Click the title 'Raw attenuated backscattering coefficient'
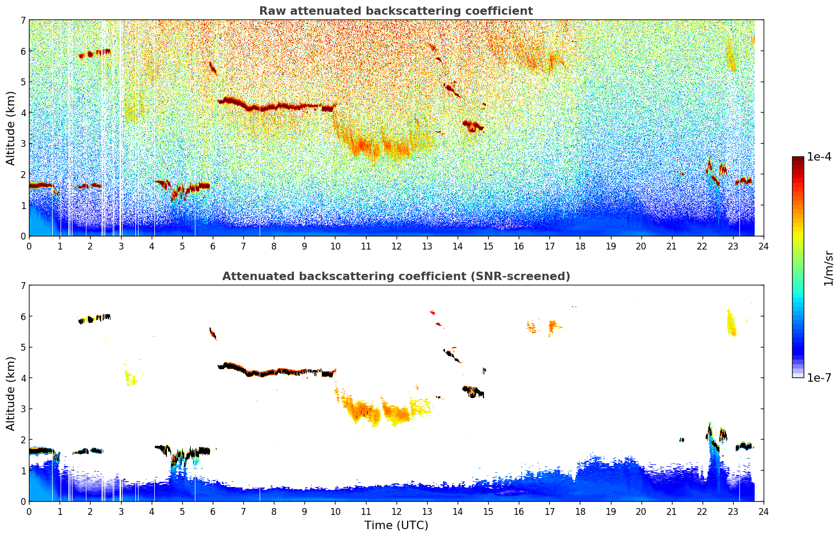click(x=396, y=11)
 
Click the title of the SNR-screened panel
click(x=396, y=276)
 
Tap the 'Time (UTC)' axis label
click(x=396, y=525)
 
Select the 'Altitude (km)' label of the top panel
click(x=11, y=128)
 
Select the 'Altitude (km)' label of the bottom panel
click(x=11, y=393)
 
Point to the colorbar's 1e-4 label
click(x=819, y=157)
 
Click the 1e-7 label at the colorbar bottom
click(x=819, y=377)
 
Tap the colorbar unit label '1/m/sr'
click(x=829, y=268)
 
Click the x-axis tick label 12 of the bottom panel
click(x=396, y=512)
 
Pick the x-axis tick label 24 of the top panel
click(x=764, y=246)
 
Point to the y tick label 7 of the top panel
click(x=23, y=21)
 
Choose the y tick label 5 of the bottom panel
click(x=23, y=347)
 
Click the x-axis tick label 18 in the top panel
click(x=580, y=246)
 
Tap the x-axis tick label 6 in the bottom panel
click(x=213, y=512)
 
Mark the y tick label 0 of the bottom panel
click(x=23, y=501)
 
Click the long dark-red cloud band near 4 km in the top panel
click(x=274, y=106)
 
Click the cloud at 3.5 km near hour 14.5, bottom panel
click(x=473, y=392)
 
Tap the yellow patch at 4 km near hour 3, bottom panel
click(x=130, y=377)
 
